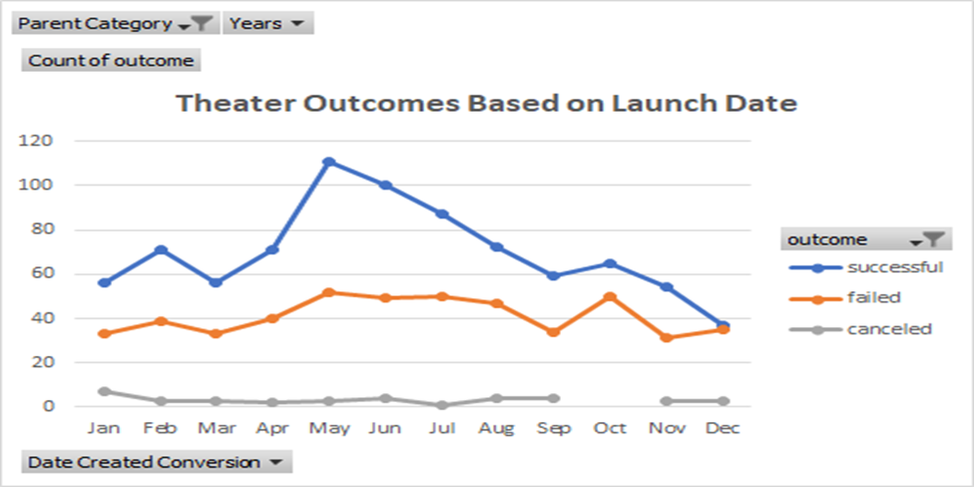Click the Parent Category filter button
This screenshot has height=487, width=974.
[116, 23]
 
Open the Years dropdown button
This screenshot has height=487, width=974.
[268, 23]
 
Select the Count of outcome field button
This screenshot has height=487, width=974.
[111, 60]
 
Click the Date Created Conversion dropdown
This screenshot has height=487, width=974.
[155, 462]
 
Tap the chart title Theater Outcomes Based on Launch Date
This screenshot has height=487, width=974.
[487, 102]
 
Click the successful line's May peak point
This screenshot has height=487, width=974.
[329, 162]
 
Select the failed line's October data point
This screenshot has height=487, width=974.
[610, 297]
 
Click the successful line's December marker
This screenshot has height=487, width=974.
[723, 325]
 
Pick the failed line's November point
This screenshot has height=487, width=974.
[666, 337]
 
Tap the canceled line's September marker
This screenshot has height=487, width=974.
[554, 398]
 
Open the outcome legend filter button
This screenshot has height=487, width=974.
[927, 240]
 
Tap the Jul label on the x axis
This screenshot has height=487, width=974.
[441, 428]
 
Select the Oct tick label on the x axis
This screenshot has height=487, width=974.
[610, 428]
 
